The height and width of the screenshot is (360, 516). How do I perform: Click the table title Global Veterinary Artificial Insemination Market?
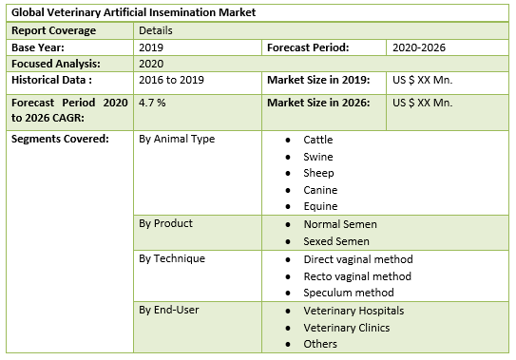click(x=133, y=13)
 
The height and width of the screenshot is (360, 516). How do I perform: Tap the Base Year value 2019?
click(x=151, y=47)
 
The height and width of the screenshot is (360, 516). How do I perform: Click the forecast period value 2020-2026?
click(x=418, y=47)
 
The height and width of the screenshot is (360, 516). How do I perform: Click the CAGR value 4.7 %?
click(x=153, y=102)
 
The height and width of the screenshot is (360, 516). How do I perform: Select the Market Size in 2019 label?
click(x=325, y=80)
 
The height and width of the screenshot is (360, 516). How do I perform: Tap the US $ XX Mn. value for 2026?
click(x=423, y=102)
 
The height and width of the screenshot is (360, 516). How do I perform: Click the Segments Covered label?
click(x=59, y=139)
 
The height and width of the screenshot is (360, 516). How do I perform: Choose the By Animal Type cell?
click(x=177, y=139)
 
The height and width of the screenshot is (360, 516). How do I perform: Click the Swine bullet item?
click(x=319, y=156)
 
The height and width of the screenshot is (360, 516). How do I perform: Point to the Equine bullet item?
click(x=320, y=206)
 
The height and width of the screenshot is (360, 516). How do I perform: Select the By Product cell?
click(x=165, y=223)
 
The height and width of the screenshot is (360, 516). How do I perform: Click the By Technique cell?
click(x=172, y=258)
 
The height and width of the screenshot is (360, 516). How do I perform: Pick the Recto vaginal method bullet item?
click(x=357, y=275)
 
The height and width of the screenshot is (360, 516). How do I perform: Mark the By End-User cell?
click(x=169, y=310)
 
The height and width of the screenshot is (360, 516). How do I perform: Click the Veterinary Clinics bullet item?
click(x=346, y=327)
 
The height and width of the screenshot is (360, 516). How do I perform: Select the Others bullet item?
click(x=320, y=344)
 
